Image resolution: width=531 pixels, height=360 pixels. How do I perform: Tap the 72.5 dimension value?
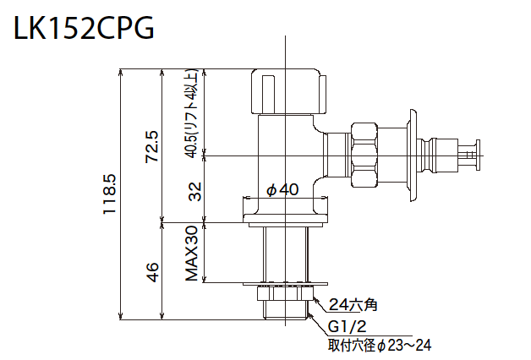[x=151, y=146]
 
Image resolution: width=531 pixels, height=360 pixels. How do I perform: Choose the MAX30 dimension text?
[x=193, y=254]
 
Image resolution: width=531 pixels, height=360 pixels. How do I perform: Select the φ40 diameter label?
[x=282, y=190]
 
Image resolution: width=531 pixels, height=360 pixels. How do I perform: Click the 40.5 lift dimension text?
[x=192, y=114]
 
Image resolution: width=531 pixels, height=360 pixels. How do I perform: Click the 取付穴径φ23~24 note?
[x=380, y=345]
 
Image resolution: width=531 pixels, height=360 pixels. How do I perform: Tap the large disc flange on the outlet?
[x=413, y=155]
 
